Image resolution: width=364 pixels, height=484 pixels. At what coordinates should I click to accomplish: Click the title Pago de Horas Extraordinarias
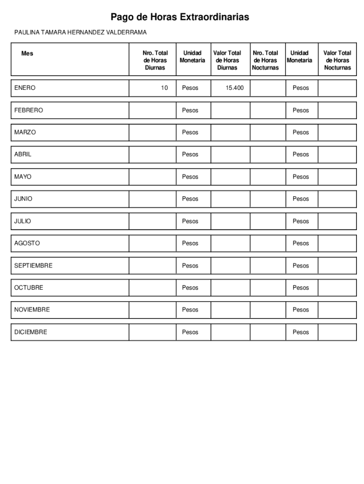pos(180,17)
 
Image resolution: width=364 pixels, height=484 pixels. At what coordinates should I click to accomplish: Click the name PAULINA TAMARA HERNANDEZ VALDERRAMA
pos(80,32)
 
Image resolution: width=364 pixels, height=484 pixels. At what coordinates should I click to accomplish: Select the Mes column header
pos(27,53)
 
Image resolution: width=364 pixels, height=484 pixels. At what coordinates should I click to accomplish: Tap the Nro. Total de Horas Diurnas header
pos(155,60)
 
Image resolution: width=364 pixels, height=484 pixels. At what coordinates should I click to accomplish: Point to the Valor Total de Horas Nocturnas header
pos(337,60)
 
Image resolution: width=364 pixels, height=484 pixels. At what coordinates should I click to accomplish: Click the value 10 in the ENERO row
pos(164,88)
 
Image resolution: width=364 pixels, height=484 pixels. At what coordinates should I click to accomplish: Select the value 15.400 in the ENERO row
pos(234,88)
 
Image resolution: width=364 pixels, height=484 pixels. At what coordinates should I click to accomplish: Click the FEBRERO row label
pos(28,110)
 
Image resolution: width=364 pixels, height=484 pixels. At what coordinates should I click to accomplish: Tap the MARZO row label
pos(25,132)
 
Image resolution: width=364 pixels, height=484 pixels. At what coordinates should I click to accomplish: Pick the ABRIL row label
pos(23,154)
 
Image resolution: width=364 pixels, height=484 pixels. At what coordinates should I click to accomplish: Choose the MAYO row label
pos(23,177)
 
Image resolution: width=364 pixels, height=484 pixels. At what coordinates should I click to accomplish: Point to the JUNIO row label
pos(23,199)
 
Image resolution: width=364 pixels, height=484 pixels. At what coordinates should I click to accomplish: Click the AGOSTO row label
pos(27,243)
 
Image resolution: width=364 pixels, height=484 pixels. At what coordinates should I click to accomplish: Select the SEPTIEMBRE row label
pos(33,266)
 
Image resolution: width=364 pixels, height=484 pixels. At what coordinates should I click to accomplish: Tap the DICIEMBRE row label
pos(31,332)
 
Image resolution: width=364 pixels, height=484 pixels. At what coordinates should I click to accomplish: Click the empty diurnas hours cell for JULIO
pos(152,221)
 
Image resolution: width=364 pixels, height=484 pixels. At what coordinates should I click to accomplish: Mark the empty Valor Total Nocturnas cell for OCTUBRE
pos(337,288)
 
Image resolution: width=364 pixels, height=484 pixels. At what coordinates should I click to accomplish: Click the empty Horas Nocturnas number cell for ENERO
pos(268,88)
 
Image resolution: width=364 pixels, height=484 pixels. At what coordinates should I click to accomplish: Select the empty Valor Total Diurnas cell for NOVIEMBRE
pos(230,310)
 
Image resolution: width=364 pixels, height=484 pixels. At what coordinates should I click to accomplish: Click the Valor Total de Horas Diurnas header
pos(227,60)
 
